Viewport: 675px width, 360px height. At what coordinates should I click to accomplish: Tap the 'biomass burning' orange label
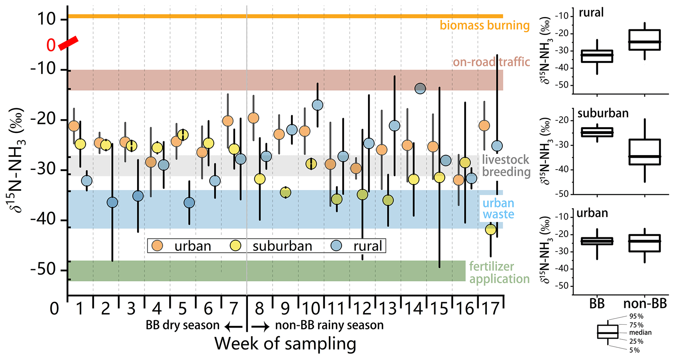click(484, 25)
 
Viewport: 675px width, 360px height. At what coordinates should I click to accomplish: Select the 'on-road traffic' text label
click(491, 61)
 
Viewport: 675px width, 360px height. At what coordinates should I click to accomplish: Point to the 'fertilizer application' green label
click(499, 272)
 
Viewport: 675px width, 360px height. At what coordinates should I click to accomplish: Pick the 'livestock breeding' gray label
click(506, 166)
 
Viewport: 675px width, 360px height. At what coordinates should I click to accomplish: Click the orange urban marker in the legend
click(158, 245)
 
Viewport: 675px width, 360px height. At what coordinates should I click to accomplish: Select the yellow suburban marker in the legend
click(235, 245)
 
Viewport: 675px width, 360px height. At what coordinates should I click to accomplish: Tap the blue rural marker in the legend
click(336, 245)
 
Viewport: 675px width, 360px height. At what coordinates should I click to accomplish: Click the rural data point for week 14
click(420, 88)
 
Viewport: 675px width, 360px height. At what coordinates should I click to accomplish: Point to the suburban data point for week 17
click(490, 230)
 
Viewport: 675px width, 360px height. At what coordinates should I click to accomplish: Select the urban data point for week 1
click(74, 126)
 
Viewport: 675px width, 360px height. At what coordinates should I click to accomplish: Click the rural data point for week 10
click(317, 105)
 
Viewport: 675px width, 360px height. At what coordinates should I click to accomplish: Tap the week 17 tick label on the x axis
click(490, 308)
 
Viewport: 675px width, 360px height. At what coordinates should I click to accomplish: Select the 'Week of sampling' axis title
click(285, 344)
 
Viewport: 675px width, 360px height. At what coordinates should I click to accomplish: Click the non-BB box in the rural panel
click(645, 40)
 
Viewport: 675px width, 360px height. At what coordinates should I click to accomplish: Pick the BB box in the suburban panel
click(597, 132)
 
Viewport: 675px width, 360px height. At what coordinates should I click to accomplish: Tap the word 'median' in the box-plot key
click(640, 333)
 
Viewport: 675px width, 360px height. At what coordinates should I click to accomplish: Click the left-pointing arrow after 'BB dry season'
click(233, 326)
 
